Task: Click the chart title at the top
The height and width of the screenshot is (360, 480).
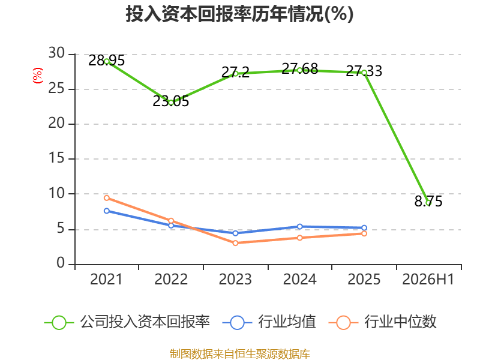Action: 239,14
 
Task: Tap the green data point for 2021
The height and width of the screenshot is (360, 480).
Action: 107,62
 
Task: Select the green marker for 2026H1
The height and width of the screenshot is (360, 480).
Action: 428,203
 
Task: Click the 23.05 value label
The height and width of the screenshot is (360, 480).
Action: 171,101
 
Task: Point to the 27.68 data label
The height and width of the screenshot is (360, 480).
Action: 299,69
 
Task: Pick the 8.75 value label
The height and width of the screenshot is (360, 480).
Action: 428,202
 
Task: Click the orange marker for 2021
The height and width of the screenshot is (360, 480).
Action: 107,198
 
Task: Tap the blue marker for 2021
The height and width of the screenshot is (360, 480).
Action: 107,211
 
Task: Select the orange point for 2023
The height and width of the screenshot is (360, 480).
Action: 235,243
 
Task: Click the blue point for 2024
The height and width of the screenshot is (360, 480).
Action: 299,227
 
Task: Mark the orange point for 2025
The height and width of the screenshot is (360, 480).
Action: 364,233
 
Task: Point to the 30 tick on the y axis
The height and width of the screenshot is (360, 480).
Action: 56,53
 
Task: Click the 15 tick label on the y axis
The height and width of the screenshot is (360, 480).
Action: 56,158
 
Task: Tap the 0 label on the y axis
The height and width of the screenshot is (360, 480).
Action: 61,263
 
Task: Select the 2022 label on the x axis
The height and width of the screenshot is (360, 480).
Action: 171,280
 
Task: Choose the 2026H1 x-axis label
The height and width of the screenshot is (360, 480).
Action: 428,280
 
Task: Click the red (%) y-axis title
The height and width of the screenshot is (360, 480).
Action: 38,76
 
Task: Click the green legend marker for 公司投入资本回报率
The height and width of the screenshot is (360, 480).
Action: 59,323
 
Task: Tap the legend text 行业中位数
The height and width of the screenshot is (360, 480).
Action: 400,322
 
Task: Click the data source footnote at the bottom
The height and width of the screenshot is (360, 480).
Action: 240,354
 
